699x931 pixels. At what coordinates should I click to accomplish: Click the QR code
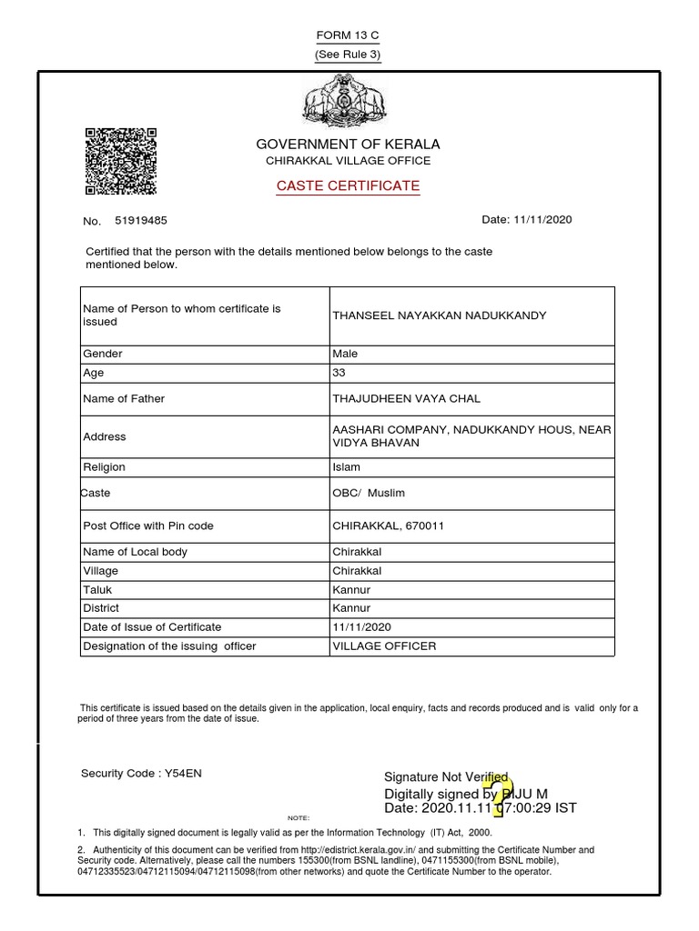[121, 161]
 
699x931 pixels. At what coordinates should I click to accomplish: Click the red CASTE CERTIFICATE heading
[348, 185]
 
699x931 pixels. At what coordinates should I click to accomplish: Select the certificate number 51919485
[141, 220]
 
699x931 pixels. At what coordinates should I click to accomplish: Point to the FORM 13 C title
[348, 35]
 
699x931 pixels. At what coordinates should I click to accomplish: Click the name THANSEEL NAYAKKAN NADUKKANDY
[440, 315]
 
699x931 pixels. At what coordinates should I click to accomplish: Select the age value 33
[339, 373]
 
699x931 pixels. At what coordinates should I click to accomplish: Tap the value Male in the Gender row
[345, 354]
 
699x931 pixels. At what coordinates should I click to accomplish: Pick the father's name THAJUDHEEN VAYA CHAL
[407, 398]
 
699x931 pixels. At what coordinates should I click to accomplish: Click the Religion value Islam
[346, 467]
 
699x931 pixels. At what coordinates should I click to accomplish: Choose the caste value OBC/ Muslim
[369, 493]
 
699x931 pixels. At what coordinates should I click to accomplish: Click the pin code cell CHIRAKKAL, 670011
[389, 526]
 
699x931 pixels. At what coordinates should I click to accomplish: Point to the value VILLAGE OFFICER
[384, 646]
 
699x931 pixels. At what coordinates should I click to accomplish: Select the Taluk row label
[96, 589]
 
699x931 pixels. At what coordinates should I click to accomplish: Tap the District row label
[101, 607]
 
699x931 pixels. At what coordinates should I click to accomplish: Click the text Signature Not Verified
[446, 776]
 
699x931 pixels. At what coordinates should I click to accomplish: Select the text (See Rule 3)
[348, 55]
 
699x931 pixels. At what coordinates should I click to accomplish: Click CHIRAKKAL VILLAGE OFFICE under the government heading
[348, 161]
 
